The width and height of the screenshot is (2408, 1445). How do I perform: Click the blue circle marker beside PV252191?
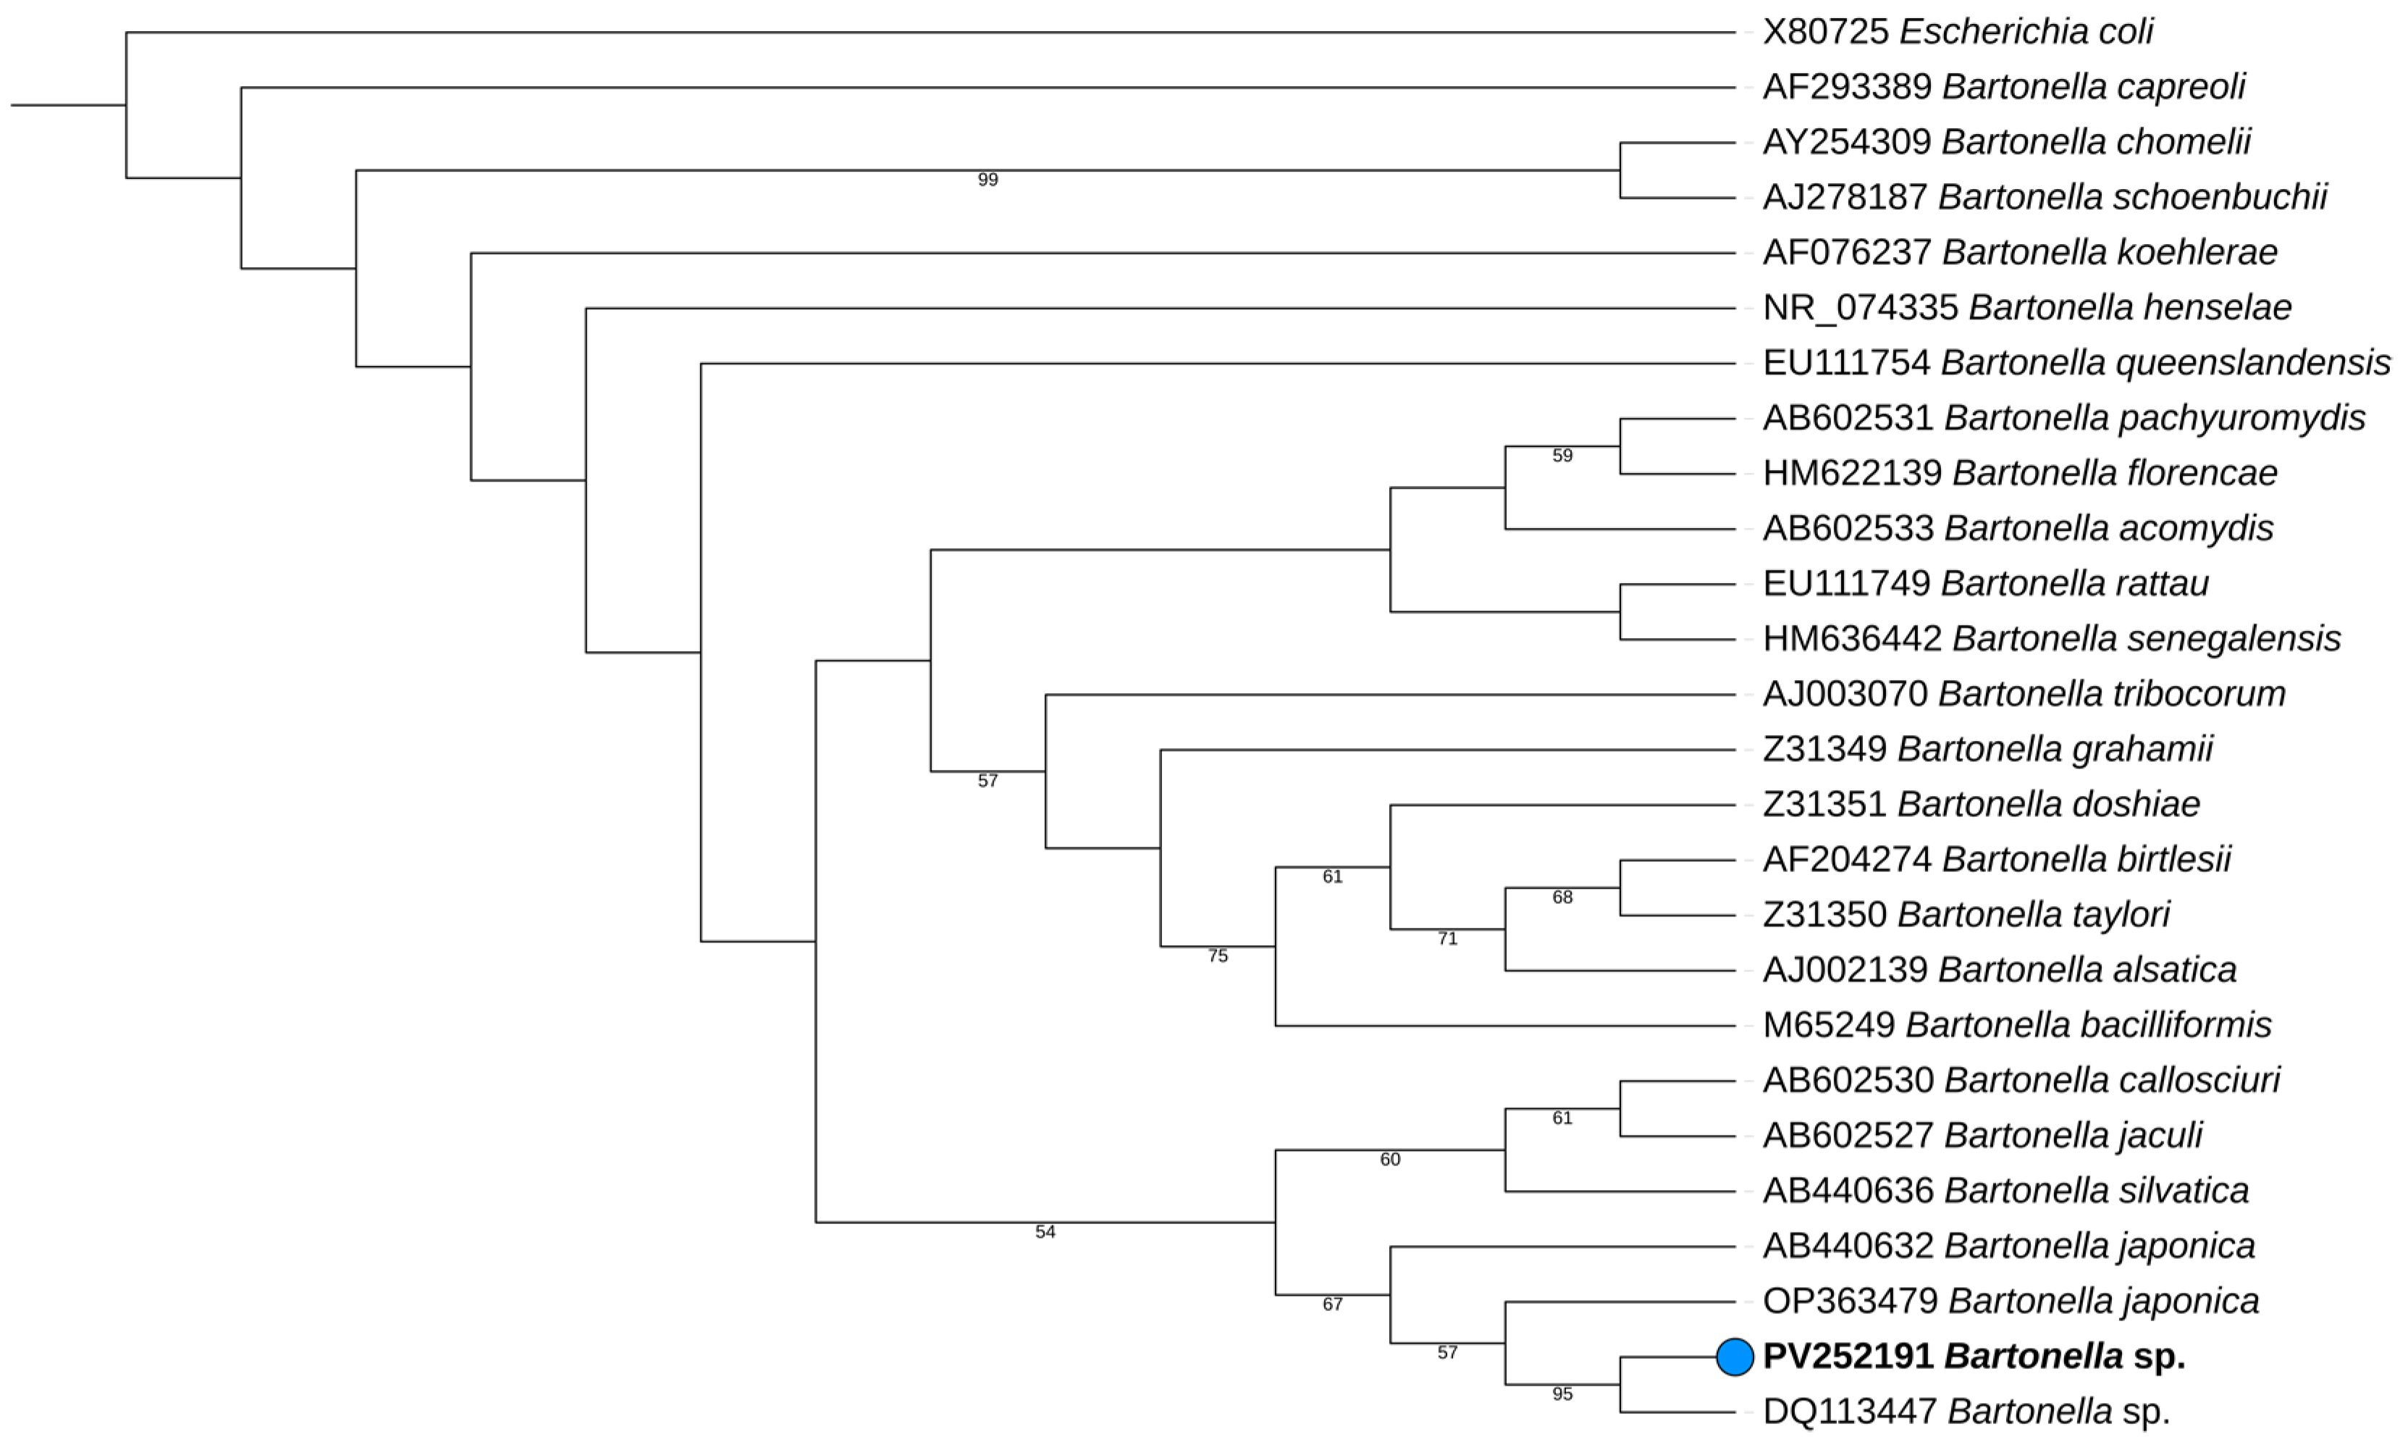(1735, 1357)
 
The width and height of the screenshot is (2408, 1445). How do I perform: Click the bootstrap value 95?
(1562, 1394)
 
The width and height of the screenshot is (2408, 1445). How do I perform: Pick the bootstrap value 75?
(1218, 956)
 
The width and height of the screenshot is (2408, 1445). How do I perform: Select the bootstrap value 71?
(1447, 939)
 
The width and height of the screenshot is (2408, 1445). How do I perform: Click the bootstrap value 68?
(1562, 897)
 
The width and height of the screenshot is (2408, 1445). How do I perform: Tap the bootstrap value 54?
(1045, 1232)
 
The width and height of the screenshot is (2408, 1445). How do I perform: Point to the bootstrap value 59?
(1562, 456)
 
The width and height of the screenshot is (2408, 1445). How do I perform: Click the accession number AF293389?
(1846, 88)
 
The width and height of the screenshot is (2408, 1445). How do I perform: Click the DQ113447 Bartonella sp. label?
(1966, 1412)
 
